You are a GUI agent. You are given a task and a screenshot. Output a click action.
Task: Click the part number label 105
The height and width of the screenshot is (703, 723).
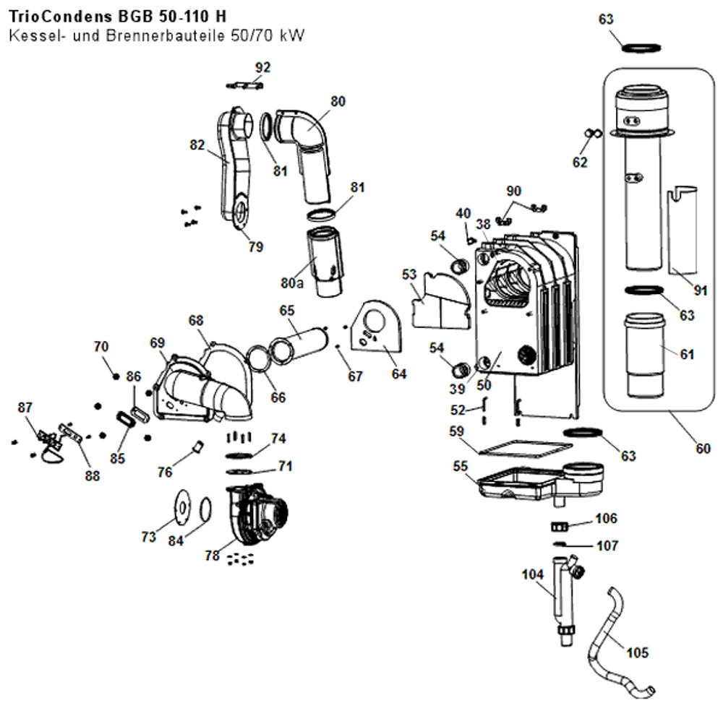pos(637,652)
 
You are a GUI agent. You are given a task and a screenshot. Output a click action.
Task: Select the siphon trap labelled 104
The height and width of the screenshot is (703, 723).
pos(566,599)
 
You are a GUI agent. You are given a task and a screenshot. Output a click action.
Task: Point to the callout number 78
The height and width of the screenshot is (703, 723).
pos(212,555)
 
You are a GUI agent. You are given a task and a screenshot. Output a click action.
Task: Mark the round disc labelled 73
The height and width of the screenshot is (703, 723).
pos(183,508)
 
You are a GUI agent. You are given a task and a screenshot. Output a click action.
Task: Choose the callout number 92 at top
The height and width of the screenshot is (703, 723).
pos(263,67)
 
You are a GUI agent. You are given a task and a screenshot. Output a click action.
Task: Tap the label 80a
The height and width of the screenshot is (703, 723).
pos(292,283)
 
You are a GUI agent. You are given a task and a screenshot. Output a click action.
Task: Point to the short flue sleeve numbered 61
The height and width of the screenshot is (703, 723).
pos(645,355)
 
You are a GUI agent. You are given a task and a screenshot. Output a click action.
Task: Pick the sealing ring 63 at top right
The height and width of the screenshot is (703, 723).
pos(641,48)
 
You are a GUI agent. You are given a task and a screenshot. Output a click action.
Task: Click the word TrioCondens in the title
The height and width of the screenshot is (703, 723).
pos(61,17)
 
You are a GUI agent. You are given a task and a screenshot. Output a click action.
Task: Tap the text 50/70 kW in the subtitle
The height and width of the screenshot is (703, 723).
pos(268,35)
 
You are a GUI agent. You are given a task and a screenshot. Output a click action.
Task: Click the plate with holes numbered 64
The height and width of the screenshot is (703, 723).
pos(376,327)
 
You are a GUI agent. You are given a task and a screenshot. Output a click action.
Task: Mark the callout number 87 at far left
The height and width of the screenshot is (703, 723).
pos(25,407)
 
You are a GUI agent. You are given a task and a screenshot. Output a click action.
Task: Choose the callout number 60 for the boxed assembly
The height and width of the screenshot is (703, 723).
pos(703,448)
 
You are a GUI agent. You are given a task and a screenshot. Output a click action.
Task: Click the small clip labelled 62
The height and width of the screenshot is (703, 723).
pos(594,133)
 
